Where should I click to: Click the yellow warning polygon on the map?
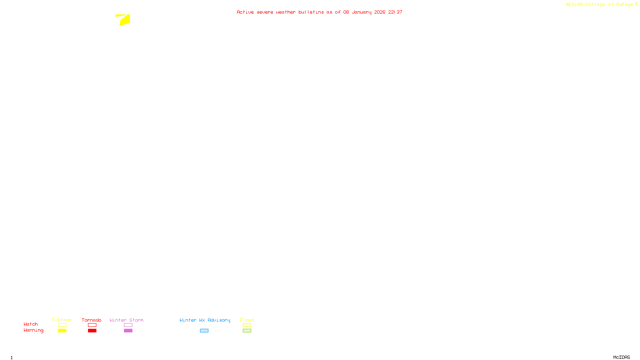click(124, 20)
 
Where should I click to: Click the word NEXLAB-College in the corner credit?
click(585, 5)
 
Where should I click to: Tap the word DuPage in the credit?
click(624, 5)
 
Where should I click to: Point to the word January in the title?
click(362, 12)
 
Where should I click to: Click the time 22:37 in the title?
click(395, 12)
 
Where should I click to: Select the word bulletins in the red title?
click(311, 12)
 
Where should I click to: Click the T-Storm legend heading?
click(62, 320)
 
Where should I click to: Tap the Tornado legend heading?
click(92, 320)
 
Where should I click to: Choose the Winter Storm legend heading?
click(126, 320)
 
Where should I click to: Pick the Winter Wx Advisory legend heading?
click(205, 320)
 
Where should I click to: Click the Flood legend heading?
click(247, 320)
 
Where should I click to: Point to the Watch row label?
click(31, 324)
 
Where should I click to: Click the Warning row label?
click(33, 330)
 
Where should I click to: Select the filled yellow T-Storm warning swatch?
click(62, 331)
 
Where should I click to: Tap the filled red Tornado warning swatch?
click(92, 331)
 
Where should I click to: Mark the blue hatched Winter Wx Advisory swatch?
click(204, 331)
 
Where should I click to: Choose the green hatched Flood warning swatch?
click(247, 331)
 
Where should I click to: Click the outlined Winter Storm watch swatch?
click(128, 325)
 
